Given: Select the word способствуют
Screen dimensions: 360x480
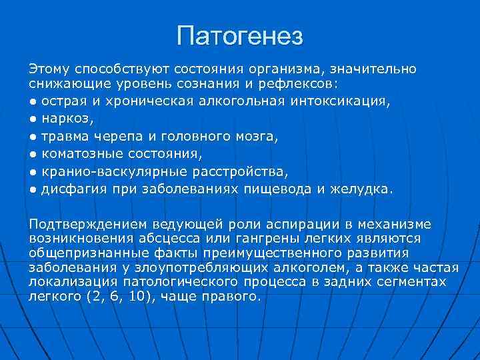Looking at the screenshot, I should click(123, 69).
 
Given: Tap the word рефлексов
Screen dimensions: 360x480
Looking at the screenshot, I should click(303, 85).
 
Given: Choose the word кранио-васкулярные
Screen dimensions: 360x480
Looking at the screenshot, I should click(109, 171).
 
